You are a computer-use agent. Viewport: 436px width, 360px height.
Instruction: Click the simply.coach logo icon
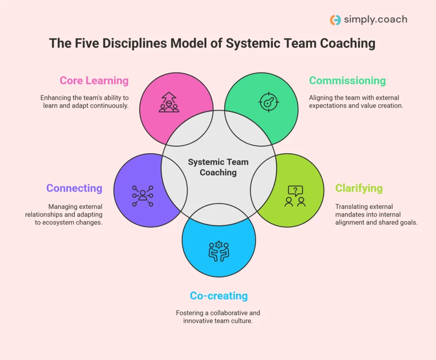pyautogui.click(x=336, y=20)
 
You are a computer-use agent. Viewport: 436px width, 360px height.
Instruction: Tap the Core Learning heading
pyautogui.click(x=94, y=80)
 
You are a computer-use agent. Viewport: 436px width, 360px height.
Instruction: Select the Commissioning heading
pyautogui.click(x=347, y=80)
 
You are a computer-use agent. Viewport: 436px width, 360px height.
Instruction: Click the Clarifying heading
pyautogui.click(x=359, y=188)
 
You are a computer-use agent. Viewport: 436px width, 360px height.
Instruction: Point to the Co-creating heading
pyautogui.click(x=219, y=296)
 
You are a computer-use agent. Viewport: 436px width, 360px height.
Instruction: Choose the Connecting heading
pyautogui.click(x=75, y=188)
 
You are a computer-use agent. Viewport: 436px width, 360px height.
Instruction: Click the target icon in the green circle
pyautogui.click(x=269, y=103)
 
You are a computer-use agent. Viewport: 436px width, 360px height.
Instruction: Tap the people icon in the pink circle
pyautogui.click(x=169, y=103)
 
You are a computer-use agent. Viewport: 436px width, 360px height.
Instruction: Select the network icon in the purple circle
pyautogui.click(x=143, y=196)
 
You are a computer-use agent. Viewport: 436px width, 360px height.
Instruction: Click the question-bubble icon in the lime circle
pyautogui.click(x=295, y=196)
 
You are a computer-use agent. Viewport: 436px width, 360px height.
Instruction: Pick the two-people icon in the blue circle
pyautogui.click(x=219, y=251)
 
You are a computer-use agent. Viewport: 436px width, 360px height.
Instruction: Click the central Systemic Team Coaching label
pyautogui.click(x=218, y=167)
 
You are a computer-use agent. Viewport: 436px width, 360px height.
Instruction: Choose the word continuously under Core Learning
pyautogui.click(x=106, y=106)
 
